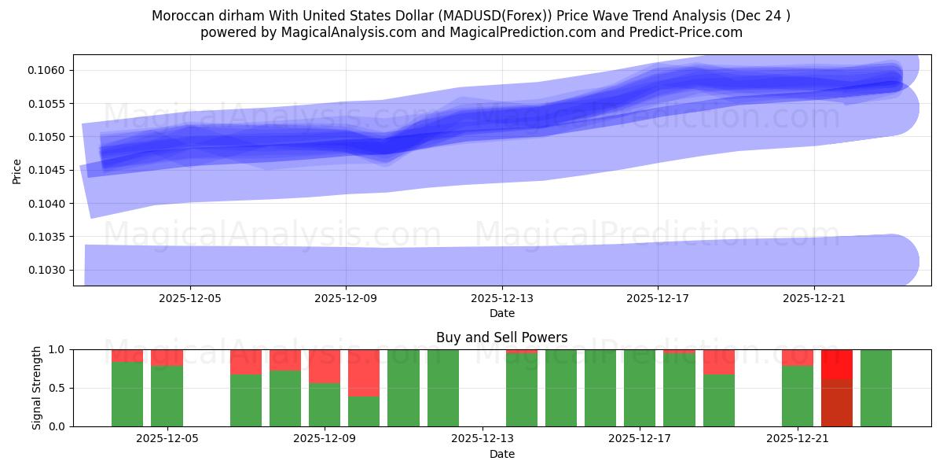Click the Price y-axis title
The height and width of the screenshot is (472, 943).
pyautogui.click(x=17, y=171)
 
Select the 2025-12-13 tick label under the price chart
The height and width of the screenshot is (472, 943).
pyautogui.click(x=502, y=298)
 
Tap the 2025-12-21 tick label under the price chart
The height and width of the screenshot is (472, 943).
pyautogui.click(x=814, y=298)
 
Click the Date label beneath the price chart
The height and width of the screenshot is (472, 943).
pyautogui.click(x=502, y=313)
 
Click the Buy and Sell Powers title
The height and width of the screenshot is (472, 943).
pyautogui.click(x=502, y=337)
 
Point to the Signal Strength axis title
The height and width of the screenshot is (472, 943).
pyautogui.click(x=36, y=388)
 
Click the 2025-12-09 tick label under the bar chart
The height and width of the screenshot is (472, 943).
pyautogui.click(x=325, y=439)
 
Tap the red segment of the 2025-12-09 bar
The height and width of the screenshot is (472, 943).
pyautogui.click(x=325, y=366)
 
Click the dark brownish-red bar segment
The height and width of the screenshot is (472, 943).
pyautogui.click(x=837, y=403)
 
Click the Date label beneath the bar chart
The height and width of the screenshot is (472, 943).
pyautogui.click(x=502, y=454)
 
